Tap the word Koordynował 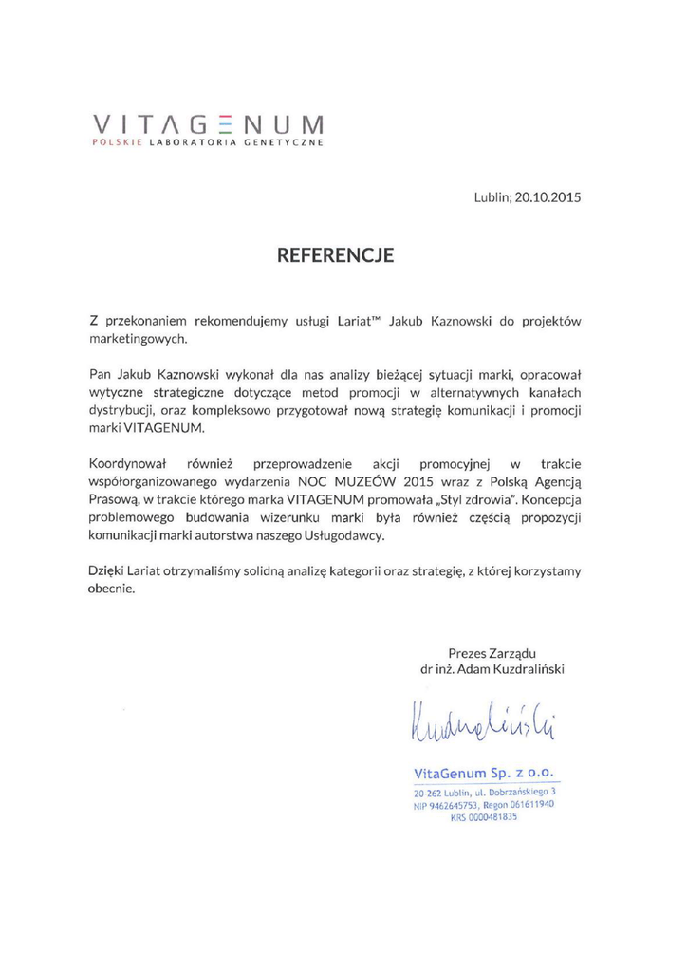(127, 464)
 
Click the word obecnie (111, 589)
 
